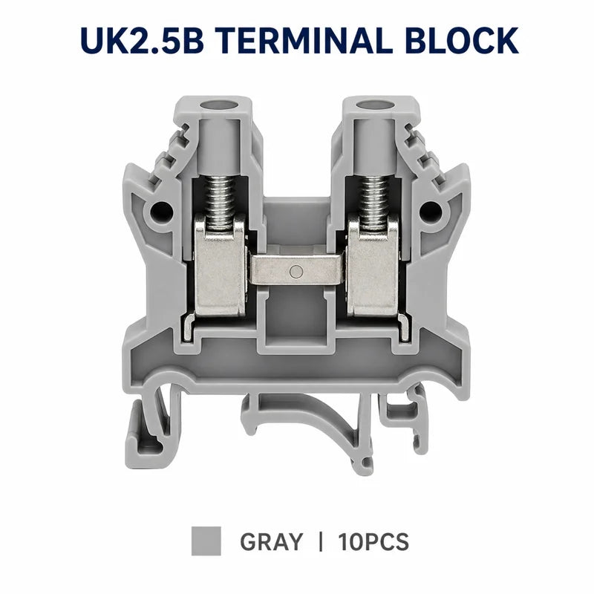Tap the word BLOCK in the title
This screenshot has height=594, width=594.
click(462, 40)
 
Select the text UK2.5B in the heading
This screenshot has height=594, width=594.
click(143, 40)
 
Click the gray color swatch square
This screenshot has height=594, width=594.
click(206, 541)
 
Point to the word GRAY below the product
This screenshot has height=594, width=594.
click(272, 542)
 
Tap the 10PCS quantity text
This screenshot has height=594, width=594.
click(373, 542)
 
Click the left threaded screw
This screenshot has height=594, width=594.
click(219, 202)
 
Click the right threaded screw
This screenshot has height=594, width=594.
click(374, 202)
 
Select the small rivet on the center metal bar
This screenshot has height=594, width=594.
click(296, 271)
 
